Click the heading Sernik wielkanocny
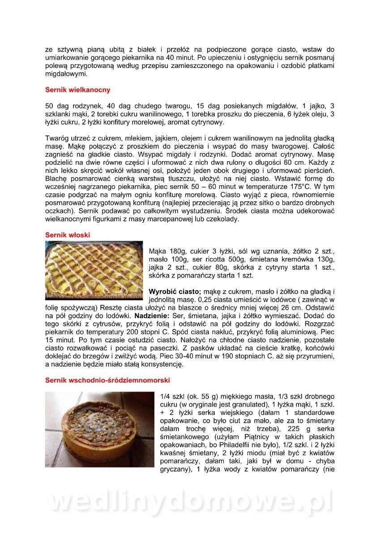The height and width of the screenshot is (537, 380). click(x=77, y=90)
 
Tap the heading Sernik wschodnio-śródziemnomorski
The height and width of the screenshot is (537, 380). click(x=107, y=380)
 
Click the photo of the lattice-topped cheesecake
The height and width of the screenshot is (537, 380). click(x=94, y=270)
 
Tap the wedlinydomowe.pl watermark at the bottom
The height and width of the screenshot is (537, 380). click(x=190, y=501)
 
